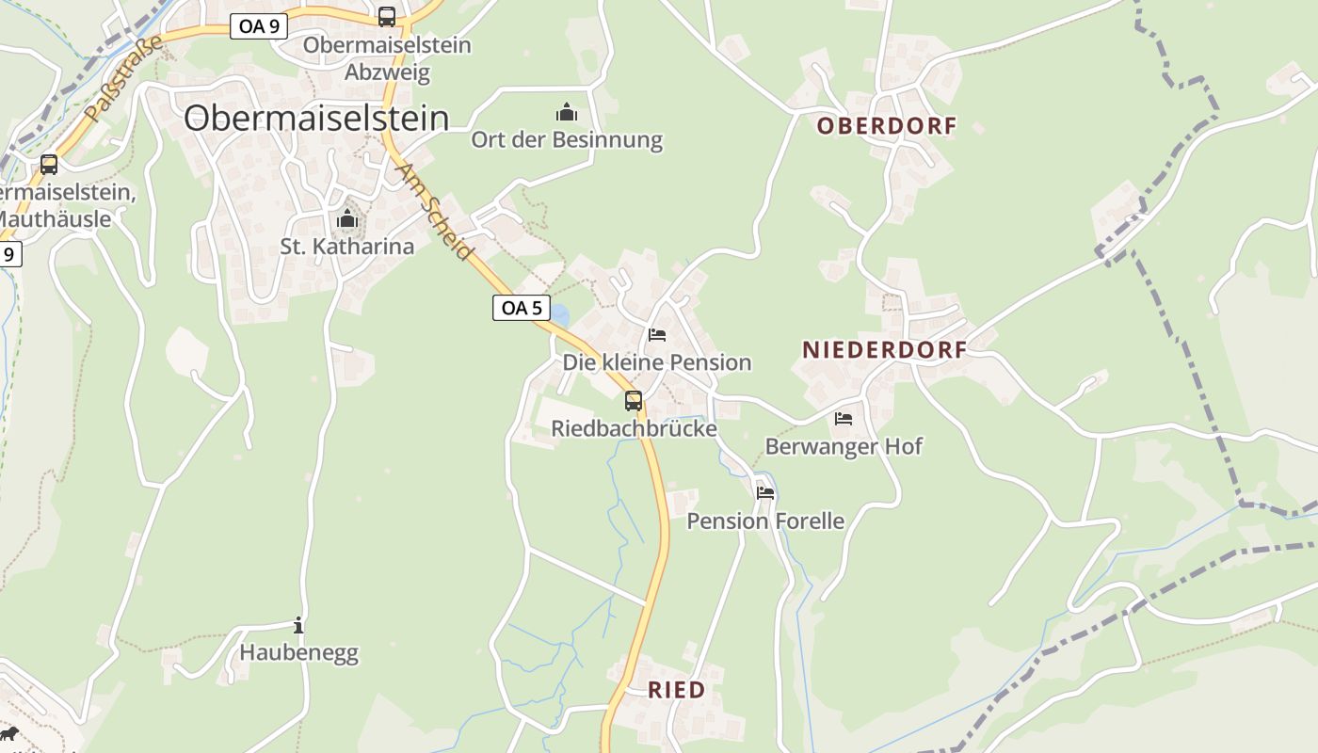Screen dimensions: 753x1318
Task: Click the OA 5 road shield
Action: [521, 308]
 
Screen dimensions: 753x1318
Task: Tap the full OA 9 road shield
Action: [259, 26]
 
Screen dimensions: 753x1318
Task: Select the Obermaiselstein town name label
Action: [315, 118]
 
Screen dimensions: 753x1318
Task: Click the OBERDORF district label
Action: [886, 126]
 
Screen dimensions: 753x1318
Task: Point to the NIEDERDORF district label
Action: [884, 350]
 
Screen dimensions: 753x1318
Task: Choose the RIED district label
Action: [676, 690]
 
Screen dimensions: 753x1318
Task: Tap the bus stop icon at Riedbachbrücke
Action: [634, 401]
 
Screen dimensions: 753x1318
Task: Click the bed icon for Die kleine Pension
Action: [657, 335]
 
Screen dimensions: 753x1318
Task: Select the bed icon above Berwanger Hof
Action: [843, 418]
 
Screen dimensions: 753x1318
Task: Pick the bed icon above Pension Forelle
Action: [765, 492]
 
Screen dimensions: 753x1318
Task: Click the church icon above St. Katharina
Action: [347, 220]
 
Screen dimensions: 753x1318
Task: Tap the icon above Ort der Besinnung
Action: [567, 113]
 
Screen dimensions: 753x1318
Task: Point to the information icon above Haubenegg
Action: [298, 625]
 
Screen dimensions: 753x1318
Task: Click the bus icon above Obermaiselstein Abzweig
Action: [387, 16]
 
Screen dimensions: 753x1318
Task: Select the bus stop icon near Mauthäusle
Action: [49, 165]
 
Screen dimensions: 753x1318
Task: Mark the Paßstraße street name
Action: [123, 79]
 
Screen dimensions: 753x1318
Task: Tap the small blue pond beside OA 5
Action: [559, 314]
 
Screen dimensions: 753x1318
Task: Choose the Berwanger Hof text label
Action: [844, 446]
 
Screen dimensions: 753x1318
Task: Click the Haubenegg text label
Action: [298, 652]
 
